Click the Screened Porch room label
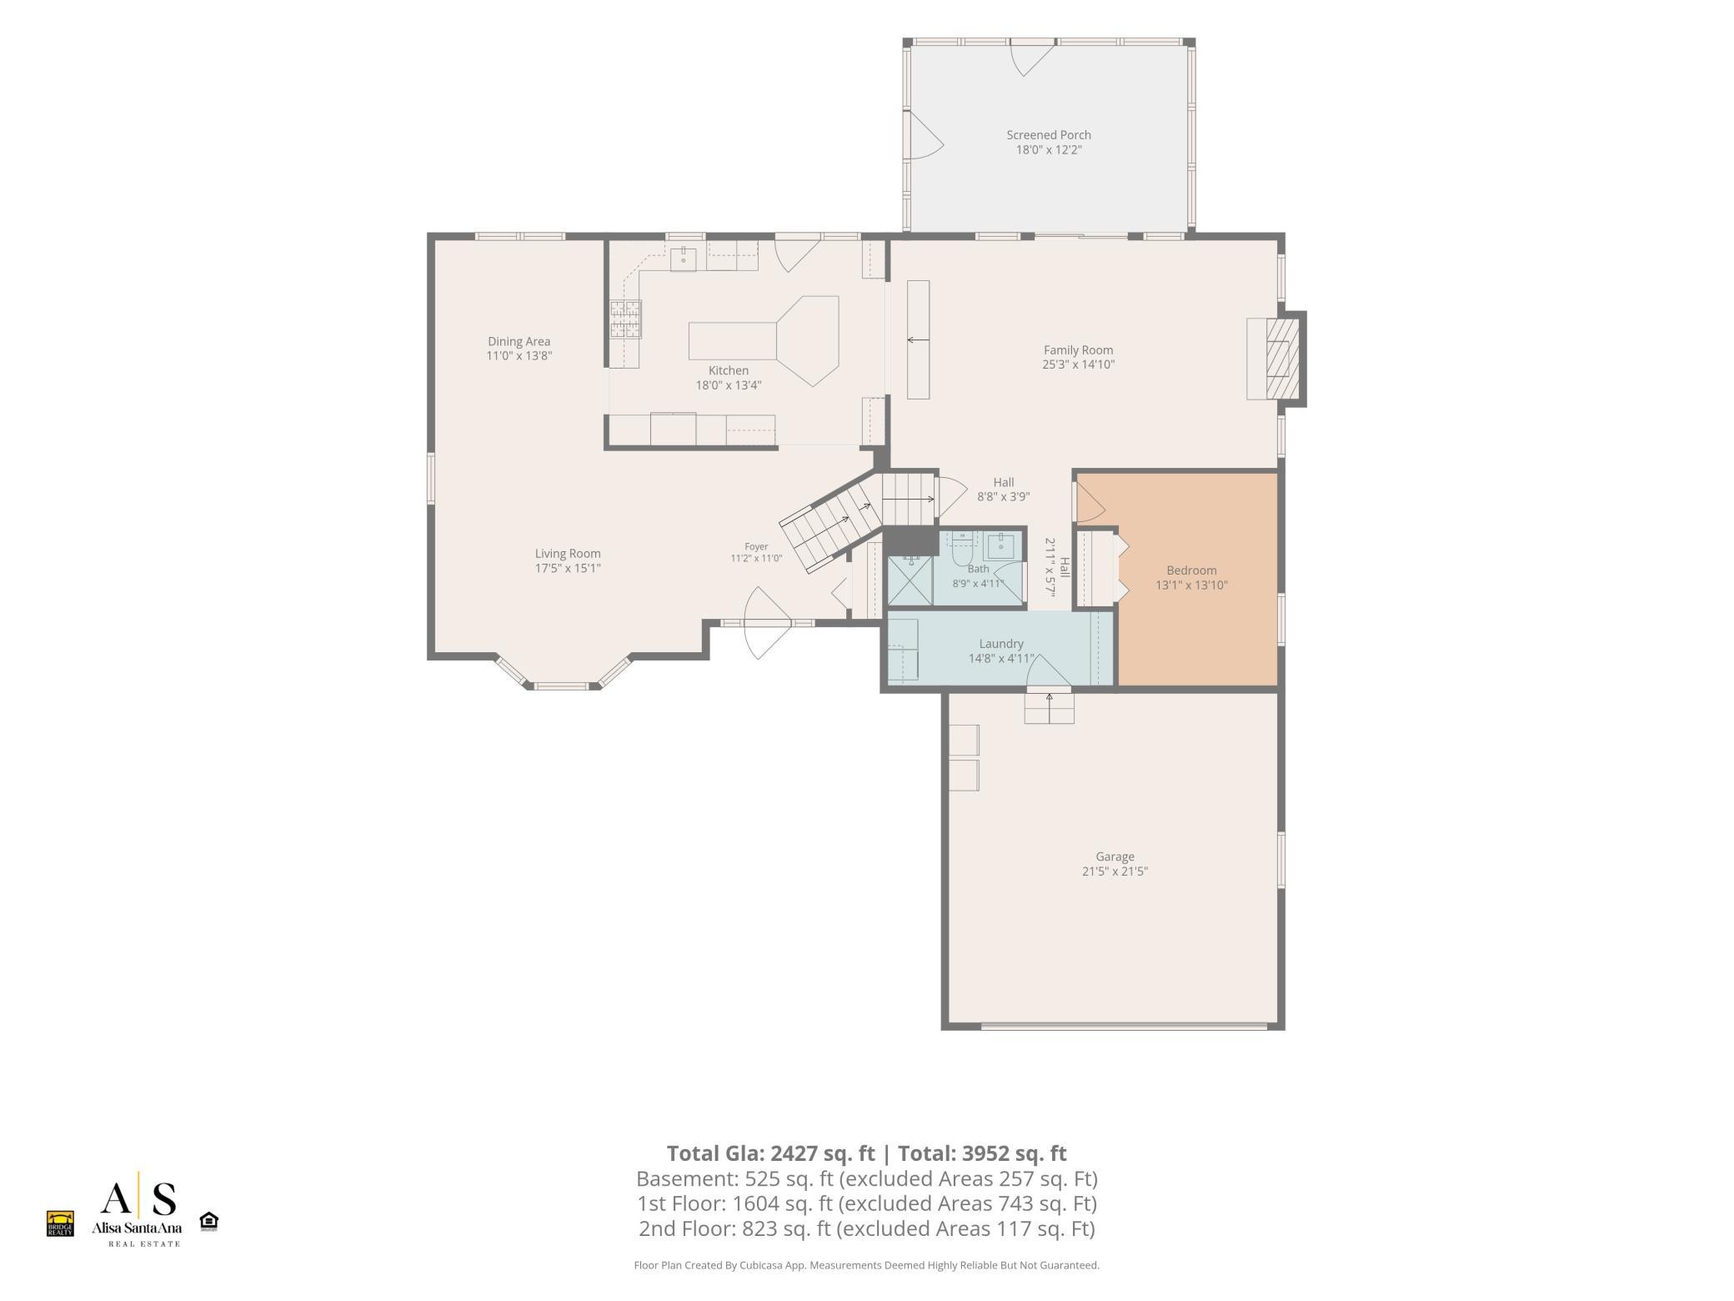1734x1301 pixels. [x=1048, y=135]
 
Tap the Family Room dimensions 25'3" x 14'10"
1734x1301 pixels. [x=1078, y=364]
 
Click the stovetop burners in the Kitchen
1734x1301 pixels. [x=625, y=319]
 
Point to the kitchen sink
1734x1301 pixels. [x=684, y=258]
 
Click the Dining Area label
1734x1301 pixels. [x=519, y=341]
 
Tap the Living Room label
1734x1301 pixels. [x=568, y=554]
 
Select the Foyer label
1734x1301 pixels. [x=756, y=547]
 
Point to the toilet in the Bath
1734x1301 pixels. [x=964, y=550]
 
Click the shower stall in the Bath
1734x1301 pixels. [x=910, y=580]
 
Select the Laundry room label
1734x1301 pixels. [x=1000, y=644]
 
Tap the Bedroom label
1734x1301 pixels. [x=1191, y=570]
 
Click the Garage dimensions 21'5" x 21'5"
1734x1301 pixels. [x=1115, y=872]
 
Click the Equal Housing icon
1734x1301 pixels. [x=209, y=1222]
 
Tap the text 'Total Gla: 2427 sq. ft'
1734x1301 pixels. [x=770, y=1153]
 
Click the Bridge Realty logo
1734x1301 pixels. [x=60, y=1223]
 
